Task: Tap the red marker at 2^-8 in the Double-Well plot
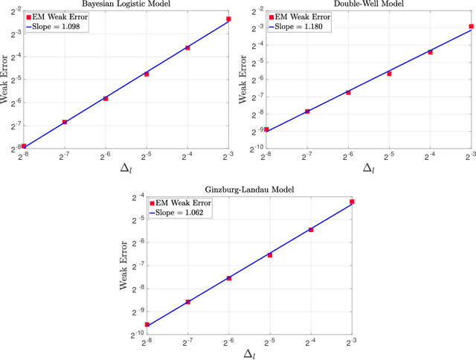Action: click(x=266, y=129)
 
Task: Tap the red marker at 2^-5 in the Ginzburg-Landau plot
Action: click(x=270, y=255)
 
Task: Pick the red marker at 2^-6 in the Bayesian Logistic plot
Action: click(x=106, y=98)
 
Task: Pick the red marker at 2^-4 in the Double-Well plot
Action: click(x=430, y=52)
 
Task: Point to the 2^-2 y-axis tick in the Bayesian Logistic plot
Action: click(x=13, y=10)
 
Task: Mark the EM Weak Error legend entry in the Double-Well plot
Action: click(x=304, y=16)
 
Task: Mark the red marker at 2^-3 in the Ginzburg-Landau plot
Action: click(x=352, y=202)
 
